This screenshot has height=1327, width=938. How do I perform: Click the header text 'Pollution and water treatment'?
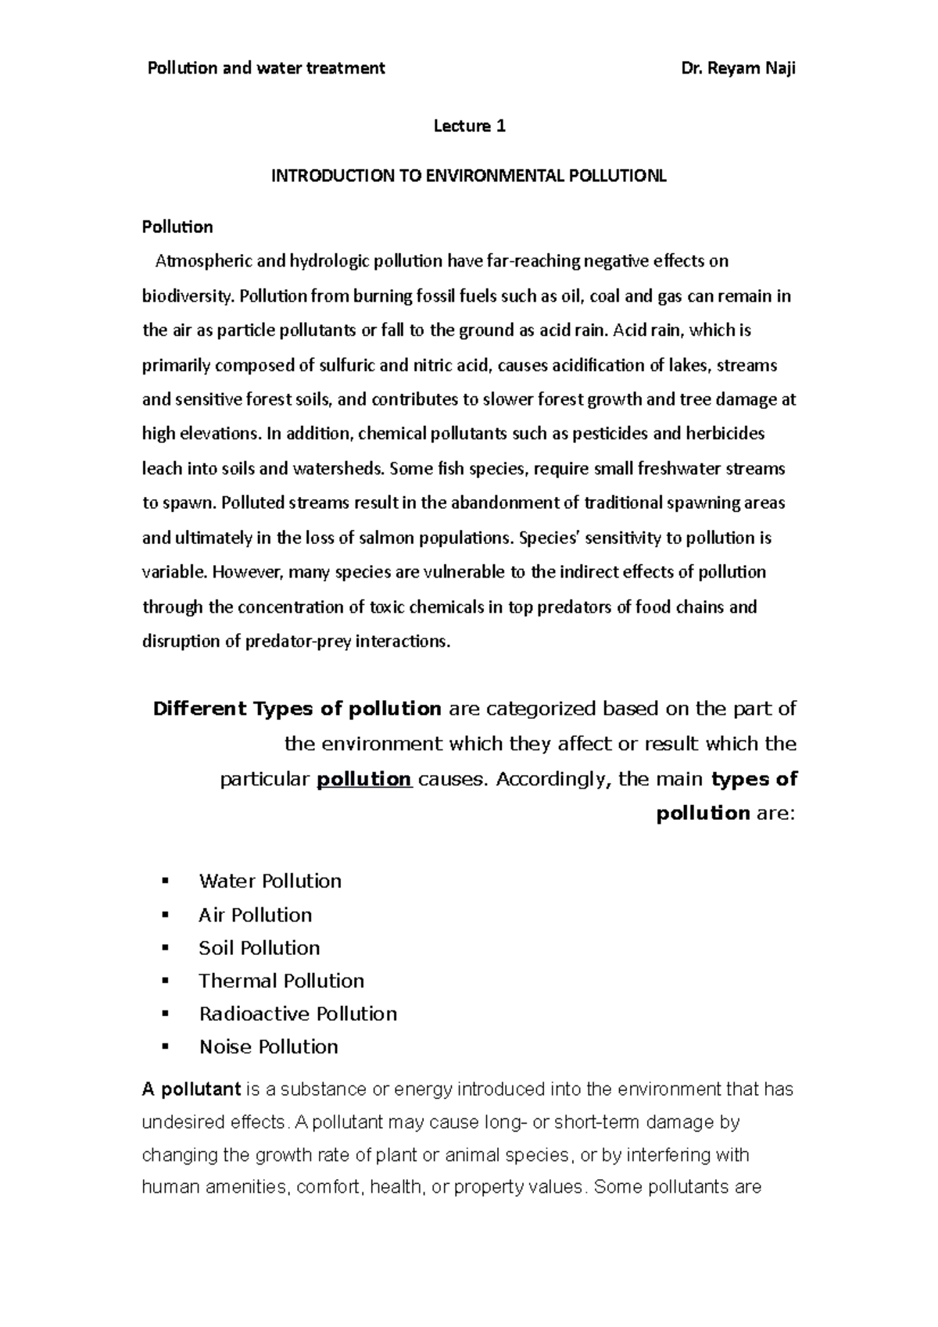tap(266, 68)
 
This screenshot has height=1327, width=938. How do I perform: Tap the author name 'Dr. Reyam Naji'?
tap(739, 68)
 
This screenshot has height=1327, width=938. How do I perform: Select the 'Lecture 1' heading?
tap(470, 126)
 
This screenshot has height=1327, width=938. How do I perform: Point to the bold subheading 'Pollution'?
tap(177, 227)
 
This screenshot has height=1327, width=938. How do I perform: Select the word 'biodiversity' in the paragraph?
tap(187, 296)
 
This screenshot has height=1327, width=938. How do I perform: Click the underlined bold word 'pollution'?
tap(364, 779)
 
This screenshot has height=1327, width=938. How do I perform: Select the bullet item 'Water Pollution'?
tap(270, 882)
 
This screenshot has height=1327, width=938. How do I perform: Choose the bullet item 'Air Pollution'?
tap(255, 915)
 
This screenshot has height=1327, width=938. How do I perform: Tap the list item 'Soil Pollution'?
tap(259, 948)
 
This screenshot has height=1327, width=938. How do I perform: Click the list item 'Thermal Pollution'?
tap(281, 981)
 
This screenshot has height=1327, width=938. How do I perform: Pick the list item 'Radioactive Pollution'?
tap(298, 1014)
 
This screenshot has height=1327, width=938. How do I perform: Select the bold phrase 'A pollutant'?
tap(191, 1089)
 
